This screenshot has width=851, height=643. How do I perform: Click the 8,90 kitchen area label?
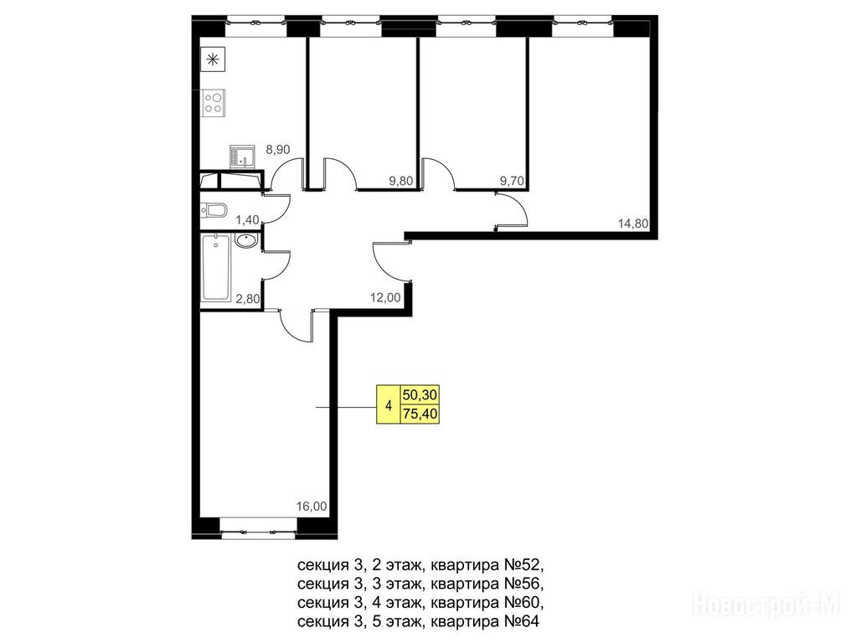click(278, 149)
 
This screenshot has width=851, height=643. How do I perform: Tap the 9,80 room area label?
click(401, 181)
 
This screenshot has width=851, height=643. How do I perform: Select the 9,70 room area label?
click(512, 181)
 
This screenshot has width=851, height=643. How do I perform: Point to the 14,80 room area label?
click(633, 223)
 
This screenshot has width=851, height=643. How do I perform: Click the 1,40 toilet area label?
click(247, 219)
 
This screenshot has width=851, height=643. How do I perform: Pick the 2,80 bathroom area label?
click(247, 298)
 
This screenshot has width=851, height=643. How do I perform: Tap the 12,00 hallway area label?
click(385, 297)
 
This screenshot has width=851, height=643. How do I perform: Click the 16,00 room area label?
click(312, 507)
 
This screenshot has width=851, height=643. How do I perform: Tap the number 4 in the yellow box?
click(388, 405)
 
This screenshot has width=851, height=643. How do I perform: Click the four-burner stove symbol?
click(214, 102)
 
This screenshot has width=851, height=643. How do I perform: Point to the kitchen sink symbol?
click(242, 157)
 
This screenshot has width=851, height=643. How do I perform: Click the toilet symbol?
click(213, 210)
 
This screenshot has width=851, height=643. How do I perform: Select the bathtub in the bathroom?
click(216, 268)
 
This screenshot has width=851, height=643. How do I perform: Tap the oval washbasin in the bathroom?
click(247, 240)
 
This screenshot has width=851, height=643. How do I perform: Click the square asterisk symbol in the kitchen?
click(213, 59)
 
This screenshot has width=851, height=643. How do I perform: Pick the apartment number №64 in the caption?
click(522, 621)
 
